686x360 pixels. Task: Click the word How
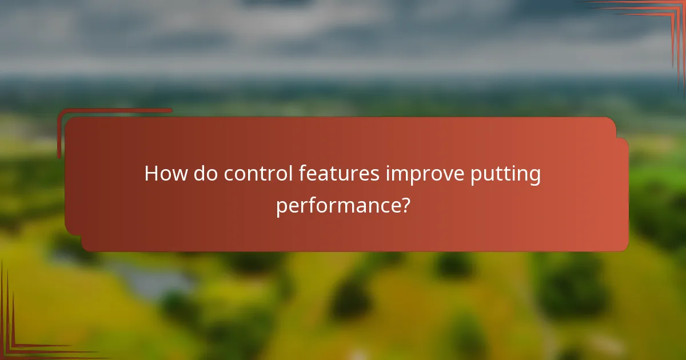click(x=165, y=174)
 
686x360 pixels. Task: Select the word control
click(x=258, y=174)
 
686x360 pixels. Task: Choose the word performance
click(x=337, y=206)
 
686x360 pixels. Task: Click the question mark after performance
click(x=405, y=205)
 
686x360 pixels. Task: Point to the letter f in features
click(x=303, y=173)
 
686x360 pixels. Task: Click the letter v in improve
click(x=448, y=174)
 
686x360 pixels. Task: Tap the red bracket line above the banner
click(x=114, y=111)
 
